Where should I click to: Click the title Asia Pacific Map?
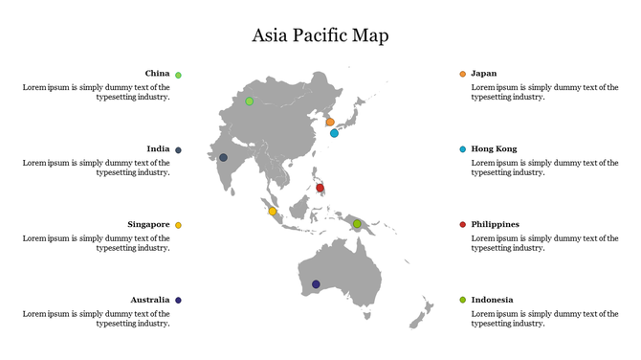[320, 35]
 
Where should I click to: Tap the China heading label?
[157, 74]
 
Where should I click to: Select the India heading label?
[158, 149]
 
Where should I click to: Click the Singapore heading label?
[148, 224]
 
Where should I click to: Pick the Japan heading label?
[484, 74]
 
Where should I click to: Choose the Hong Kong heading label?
[494, 149]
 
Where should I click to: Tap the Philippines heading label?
[495, 224]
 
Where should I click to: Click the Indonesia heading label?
[492, 300]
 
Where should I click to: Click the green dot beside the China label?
[178, 75]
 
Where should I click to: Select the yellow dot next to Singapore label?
[178, 225]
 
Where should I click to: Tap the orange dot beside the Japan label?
[463, 74]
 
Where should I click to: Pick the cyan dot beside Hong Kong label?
[463, 149]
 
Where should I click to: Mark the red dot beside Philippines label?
[463, 224]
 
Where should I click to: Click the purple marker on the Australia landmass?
[316, 283]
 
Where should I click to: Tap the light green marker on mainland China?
[250, 101]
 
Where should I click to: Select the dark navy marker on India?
[223, 157]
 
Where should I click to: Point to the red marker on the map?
[320, 188]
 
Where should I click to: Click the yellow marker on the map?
[272, 211]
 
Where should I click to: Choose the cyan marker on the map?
[334, 133]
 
